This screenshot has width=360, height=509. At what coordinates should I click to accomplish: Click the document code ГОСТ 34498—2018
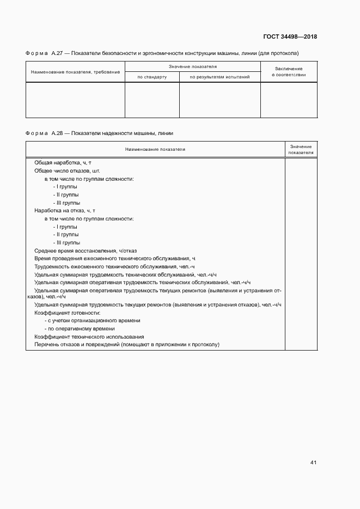(x=290, y=37)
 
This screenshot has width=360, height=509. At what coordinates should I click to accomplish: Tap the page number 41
(x=313, y=463)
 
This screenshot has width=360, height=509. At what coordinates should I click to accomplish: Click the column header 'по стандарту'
(x=152, y=77)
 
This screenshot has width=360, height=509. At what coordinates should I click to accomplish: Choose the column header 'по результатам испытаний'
(x=219, y=77)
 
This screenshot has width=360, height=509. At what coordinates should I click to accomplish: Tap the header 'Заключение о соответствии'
(x=289, y=71)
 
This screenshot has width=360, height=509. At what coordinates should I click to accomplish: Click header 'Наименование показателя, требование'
(x=75, y=72)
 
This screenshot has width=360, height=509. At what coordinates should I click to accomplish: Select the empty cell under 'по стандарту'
(x=152, y=100)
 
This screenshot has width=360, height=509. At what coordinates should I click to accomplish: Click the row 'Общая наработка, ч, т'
(x=63, y=163)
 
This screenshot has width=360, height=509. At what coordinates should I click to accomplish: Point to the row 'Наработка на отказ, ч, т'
(x=65, y=210)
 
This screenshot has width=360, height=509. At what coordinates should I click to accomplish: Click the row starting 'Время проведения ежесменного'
(x=114, y=258)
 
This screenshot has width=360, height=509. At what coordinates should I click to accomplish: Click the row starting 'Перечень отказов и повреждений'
(x=126, y=345)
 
